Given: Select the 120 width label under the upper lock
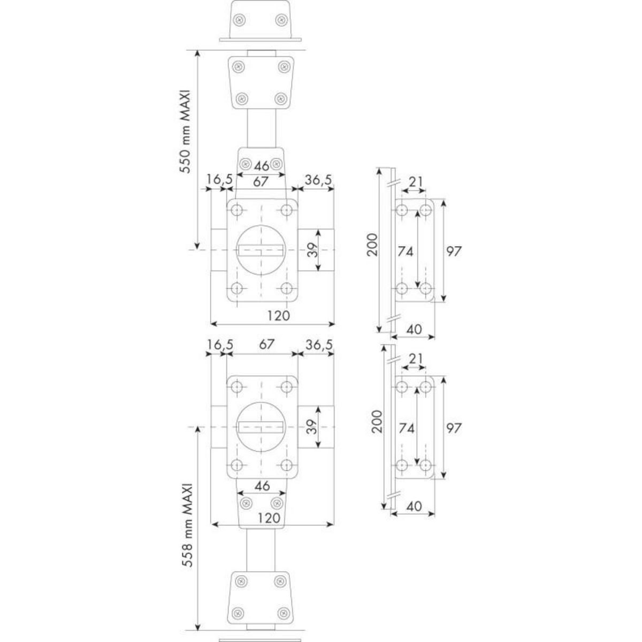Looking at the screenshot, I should point(278,316).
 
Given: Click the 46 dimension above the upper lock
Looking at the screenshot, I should point(261,164).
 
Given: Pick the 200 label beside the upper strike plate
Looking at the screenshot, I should point(374,244).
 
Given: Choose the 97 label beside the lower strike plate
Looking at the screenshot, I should point(454,427).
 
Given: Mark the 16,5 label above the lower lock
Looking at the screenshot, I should point(219,346).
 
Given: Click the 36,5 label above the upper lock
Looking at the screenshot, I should point(319,181).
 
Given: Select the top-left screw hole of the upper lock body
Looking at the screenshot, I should point(238,210).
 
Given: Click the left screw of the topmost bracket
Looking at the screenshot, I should point(239,20).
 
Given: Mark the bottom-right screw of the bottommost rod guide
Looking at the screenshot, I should point(280,611).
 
